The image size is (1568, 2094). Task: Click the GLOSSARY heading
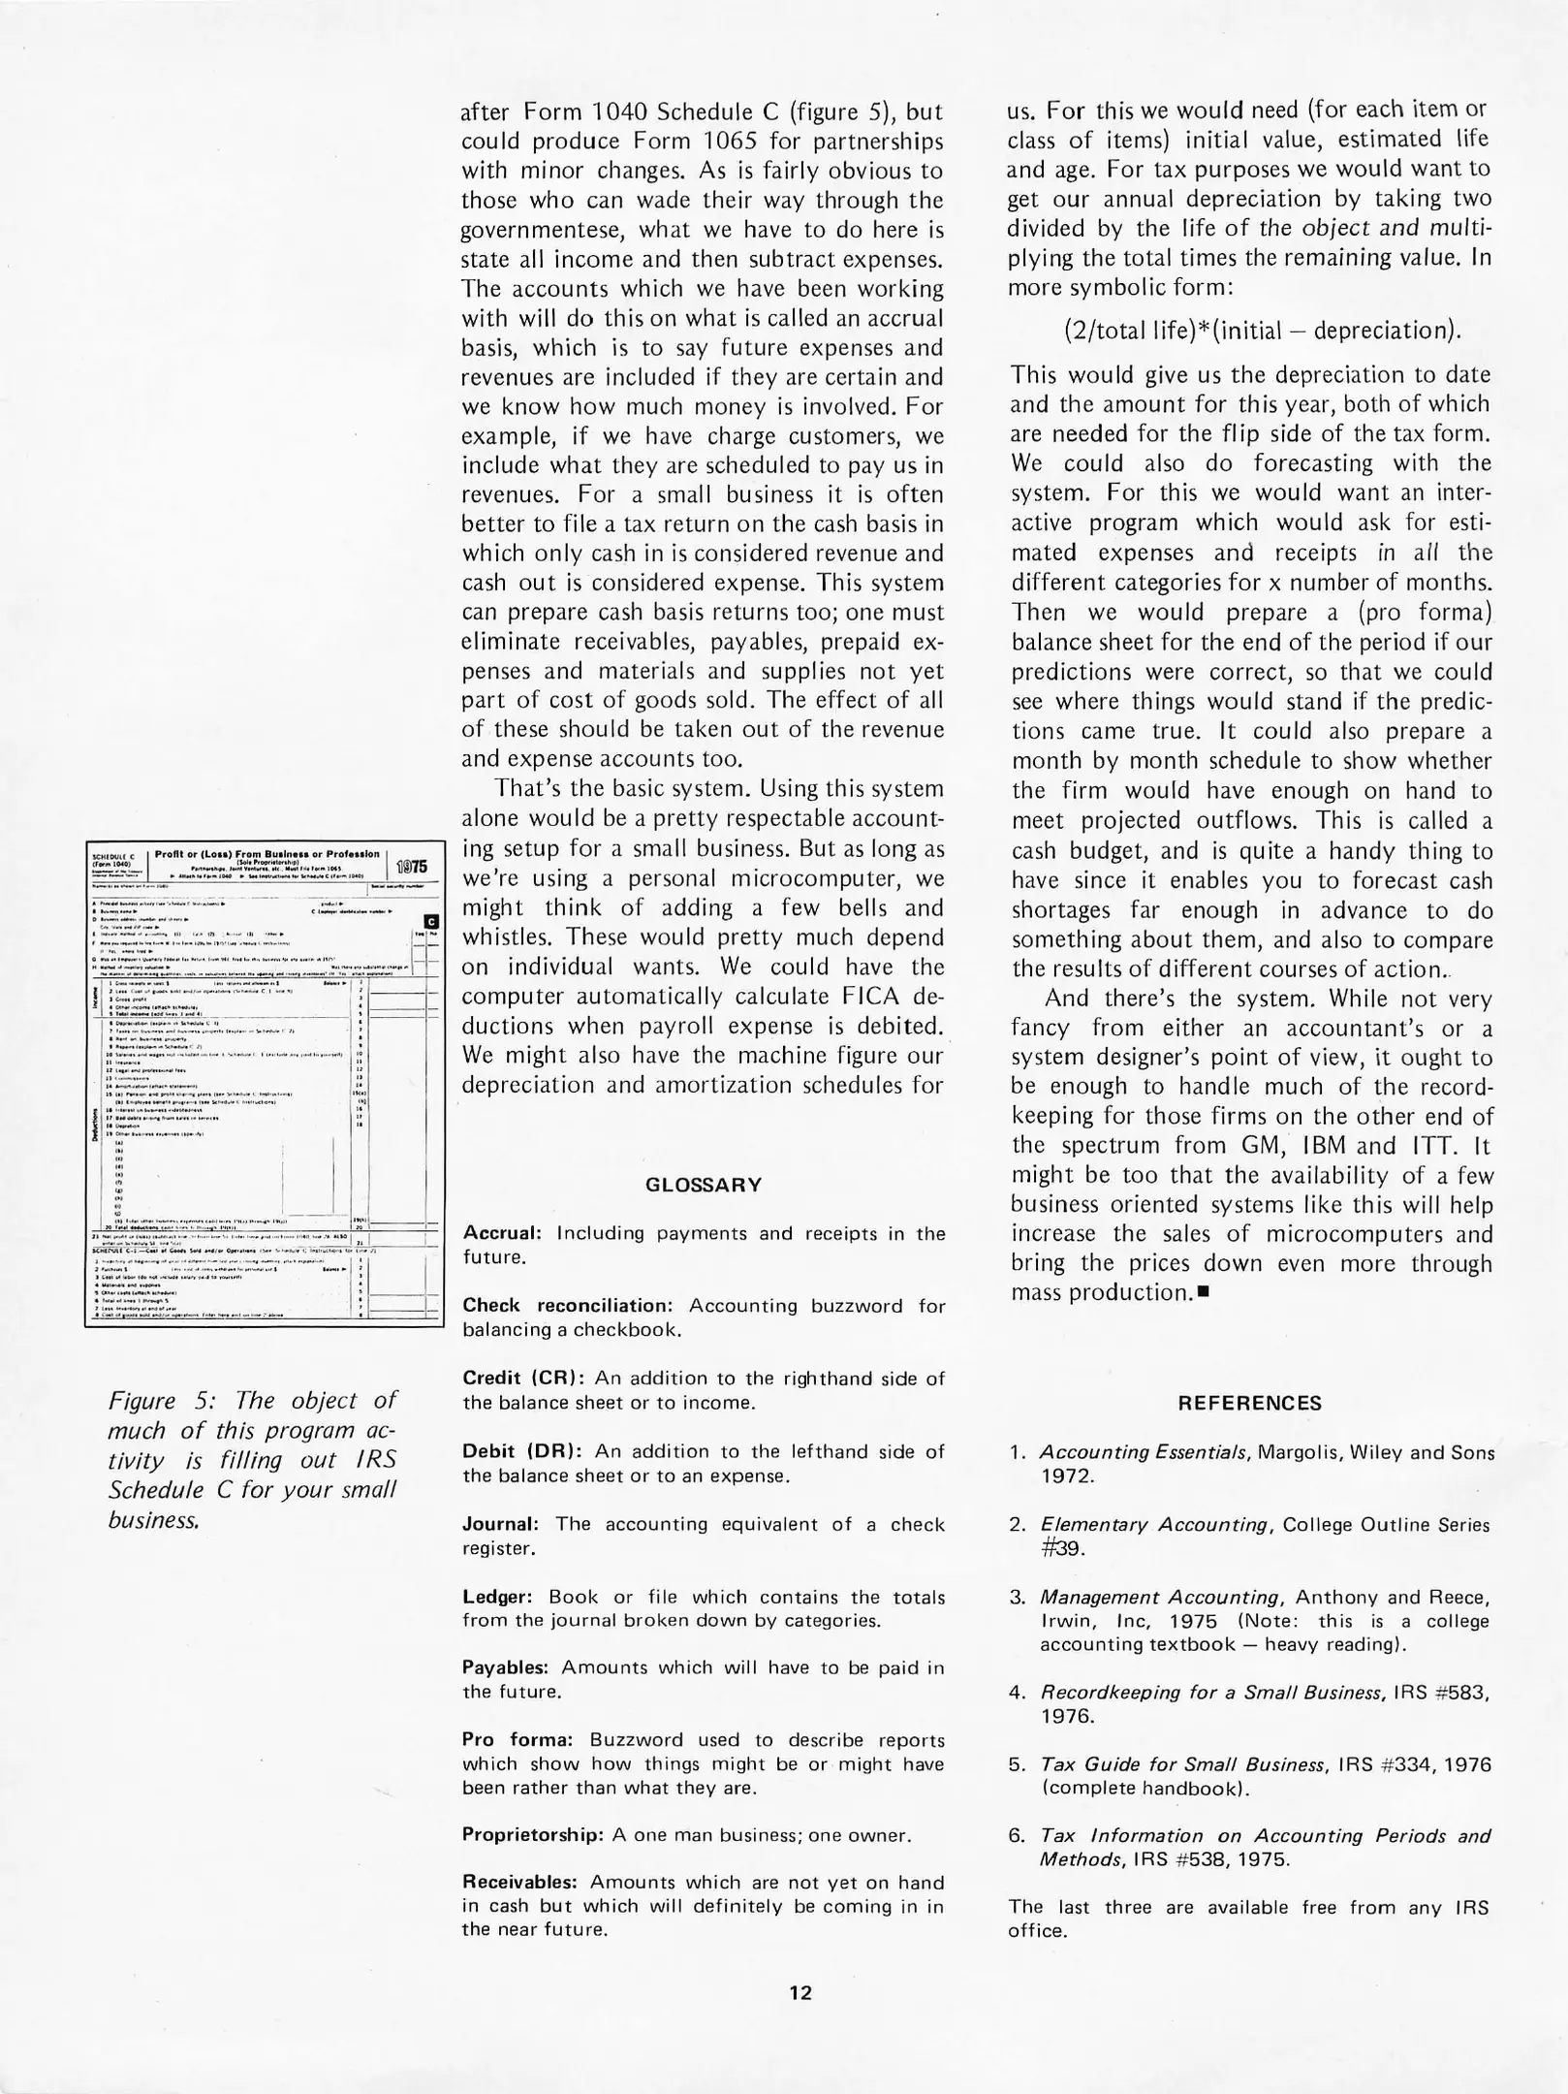[x=704, y=1185]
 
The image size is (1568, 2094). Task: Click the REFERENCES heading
[x=1249, y=1403]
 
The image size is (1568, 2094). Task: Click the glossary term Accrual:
[x=501, y=1233]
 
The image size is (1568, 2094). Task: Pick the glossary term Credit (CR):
[x=523, y=1379]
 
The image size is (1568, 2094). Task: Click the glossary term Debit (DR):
[x=521, y=1451]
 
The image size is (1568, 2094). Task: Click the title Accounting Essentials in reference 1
[x=1144, y=1452]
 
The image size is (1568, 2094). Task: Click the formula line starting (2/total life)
[x=1262, y=330]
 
